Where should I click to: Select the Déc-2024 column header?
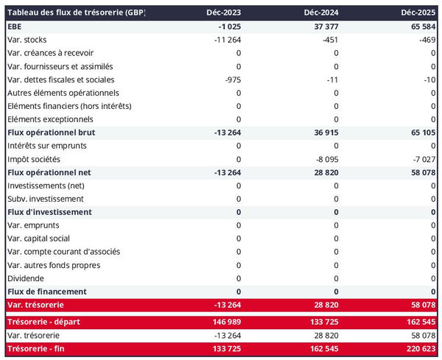pyautogui.click(x=321, y=13)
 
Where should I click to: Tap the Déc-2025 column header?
pyautogui.click(x=418, y=13)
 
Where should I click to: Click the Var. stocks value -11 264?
pyautogui.click(x=224, y=40)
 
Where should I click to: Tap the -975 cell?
pyautogui.click(x=230, y=80)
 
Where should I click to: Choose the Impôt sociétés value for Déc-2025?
pyautogui.click(x=423, y=159)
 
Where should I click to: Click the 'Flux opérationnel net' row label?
pyautogui.click(x=50, y=172)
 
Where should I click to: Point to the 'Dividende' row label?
pyautogui.click(x=25, y=278)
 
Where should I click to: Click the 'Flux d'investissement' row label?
pyautogui.click(x=49, y=212)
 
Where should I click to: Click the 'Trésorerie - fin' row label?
pyautogui.click(x=37, y=349)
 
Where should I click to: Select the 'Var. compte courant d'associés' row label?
pyautogui.click(x=63, y=252)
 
